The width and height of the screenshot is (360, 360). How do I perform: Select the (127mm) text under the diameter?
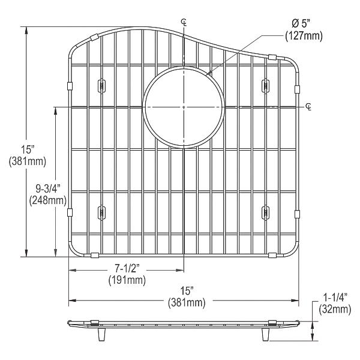click(x=304, y=37)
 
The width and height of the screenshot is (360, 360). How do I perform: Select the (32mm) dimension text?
click(x=335, y=309)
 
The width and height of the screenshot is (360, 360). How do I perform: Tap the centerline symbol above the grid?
click(x=184, y=23)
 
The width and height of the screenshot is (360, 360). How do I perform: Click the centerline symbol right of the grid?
click(x=308, y=107)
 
